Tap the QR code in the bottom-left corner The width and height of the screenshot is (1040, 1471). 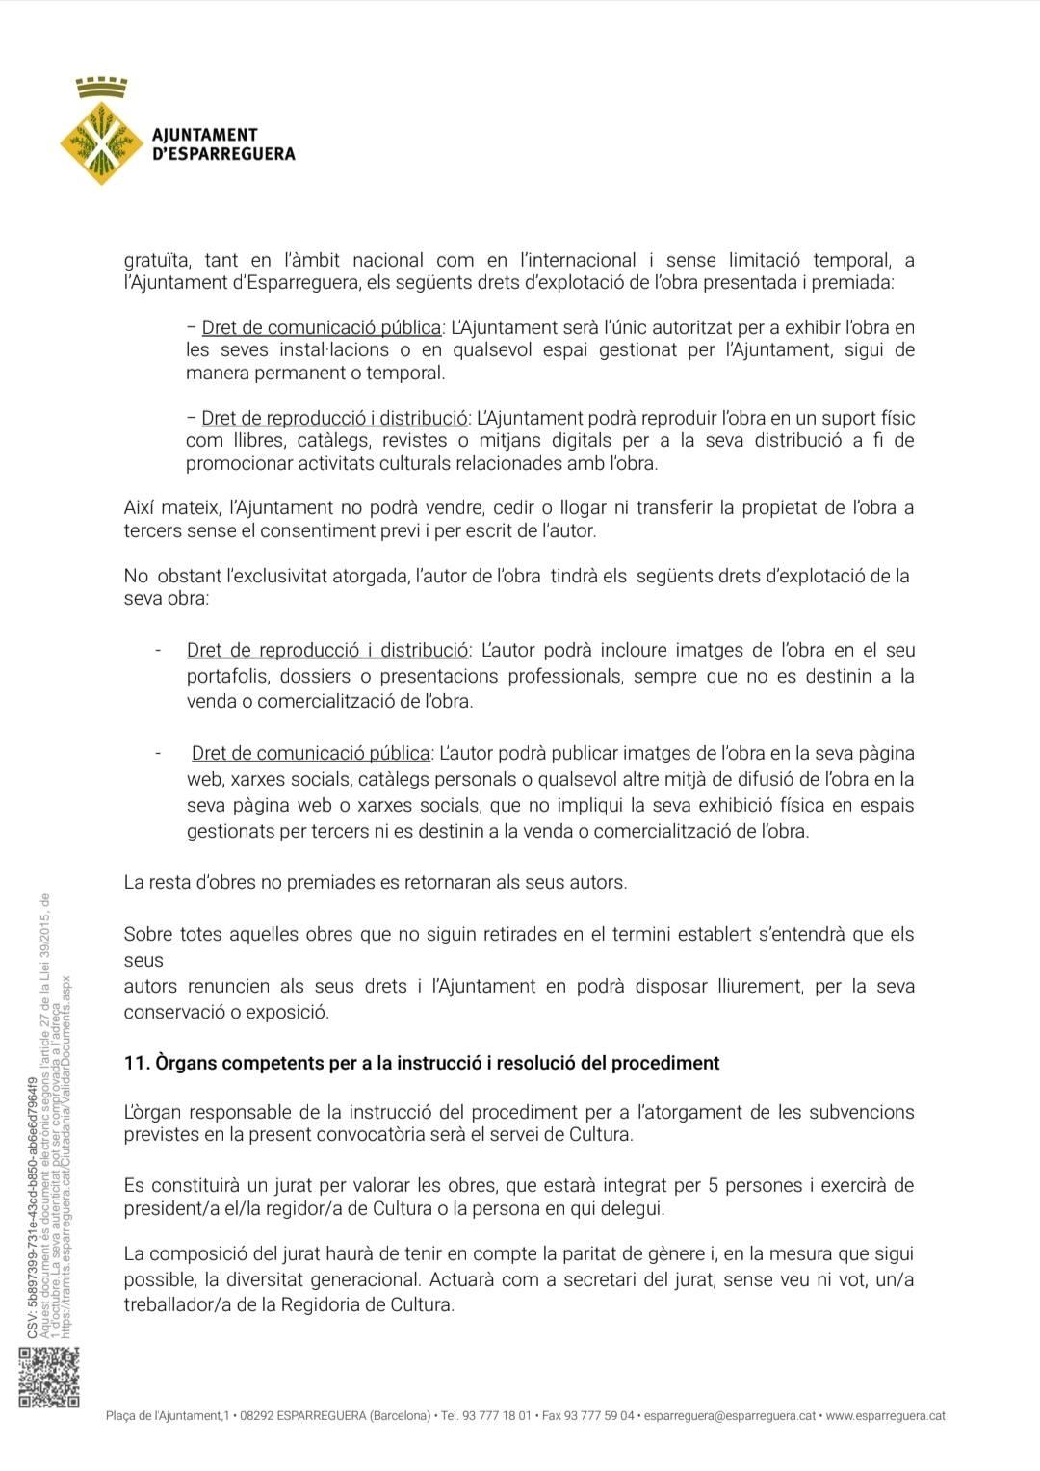pos(48,1379)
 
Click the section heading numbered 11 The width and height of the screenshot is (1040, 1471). pos(422,1063)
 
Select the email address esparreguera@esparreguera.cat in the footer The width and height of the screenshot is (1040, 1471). pos(729,1415)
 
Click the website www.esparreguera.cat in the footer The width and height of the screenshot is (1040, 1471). pos(885,1415)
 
